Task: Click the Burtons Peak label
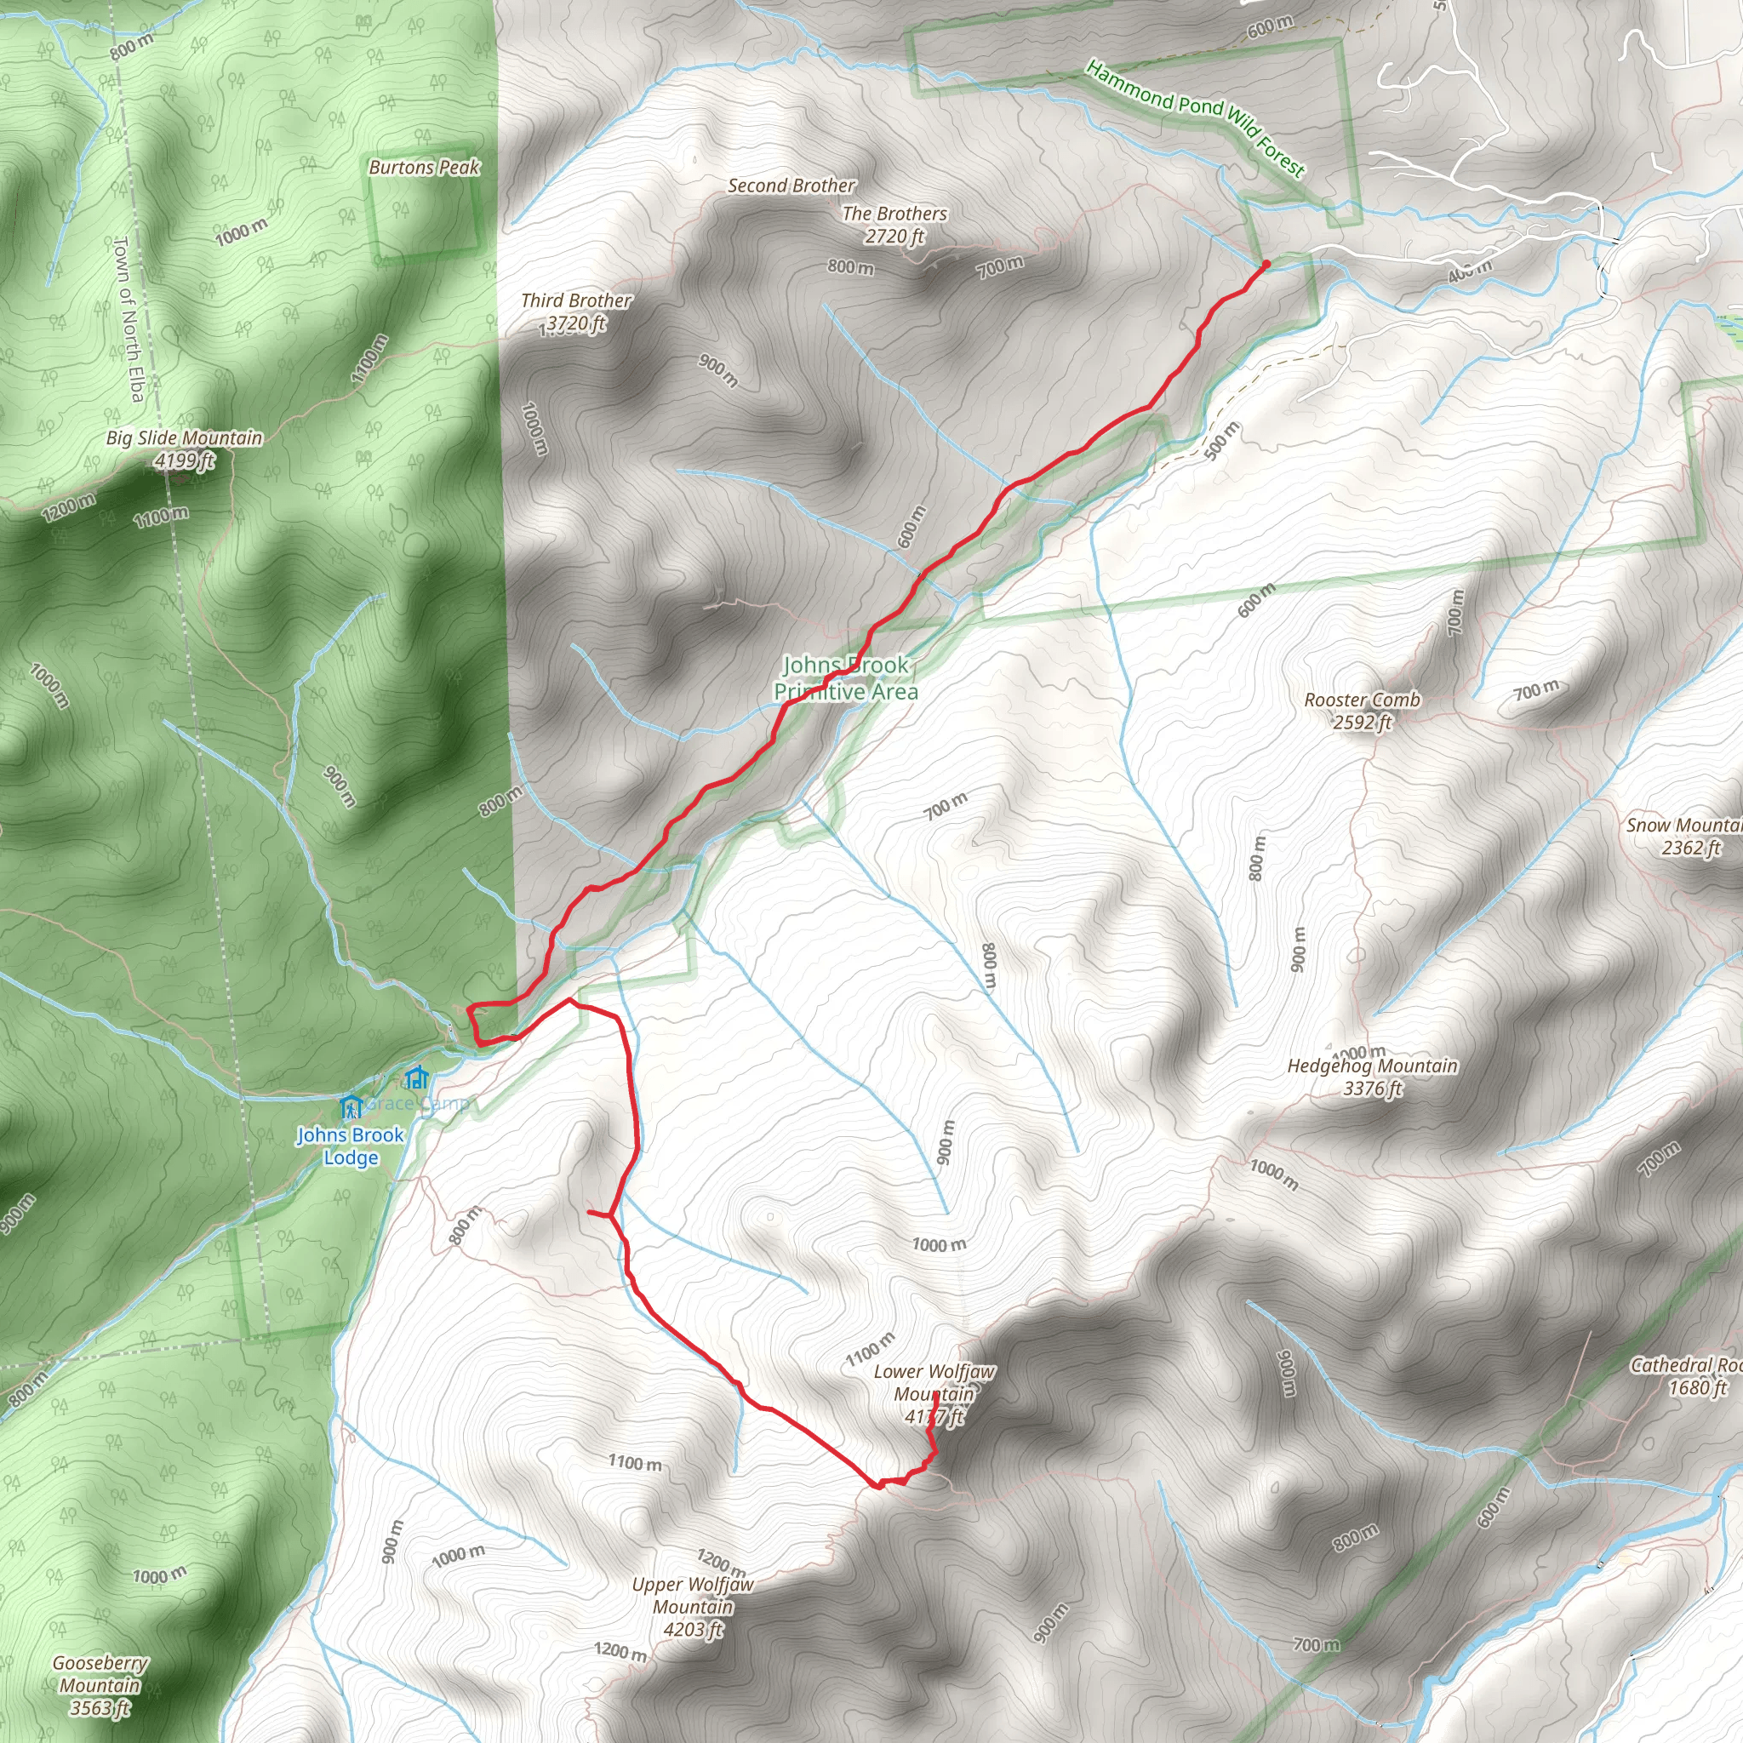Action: tap(424, 167)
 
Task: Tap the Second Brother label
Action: tap(791, 186)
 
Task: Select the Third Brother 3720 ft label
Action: tap(575, 312)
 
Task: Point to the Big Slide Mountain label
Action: tap(184, 449)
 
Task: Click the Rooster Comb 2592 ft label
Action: tap(1363, 711)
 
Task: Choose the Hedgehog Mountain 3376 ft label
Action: tap(1372, 1077)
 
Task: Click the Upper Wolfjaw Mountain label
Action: tap(693, 1607)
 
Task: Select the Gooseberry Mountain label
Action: tap(100, 1685)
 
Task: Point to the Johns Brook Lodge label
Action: tap(350, 1146)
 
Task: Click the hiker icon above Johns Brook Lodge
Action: tap(351, 1106)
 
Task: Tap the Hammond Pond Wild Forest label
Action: tap(1196, 118)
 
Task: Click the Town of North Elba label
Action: tap(129, 318)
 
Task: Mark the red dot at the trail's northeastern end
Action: tap(1266, 265)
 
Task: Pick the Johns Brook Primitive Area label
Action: tap(845, 678)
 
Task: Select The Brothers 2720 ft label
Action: tap(895, 225)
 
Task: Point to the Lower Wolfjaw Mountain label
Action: tap(934, 1394)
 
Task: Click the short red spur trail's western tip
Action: tap(588, 1213)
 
